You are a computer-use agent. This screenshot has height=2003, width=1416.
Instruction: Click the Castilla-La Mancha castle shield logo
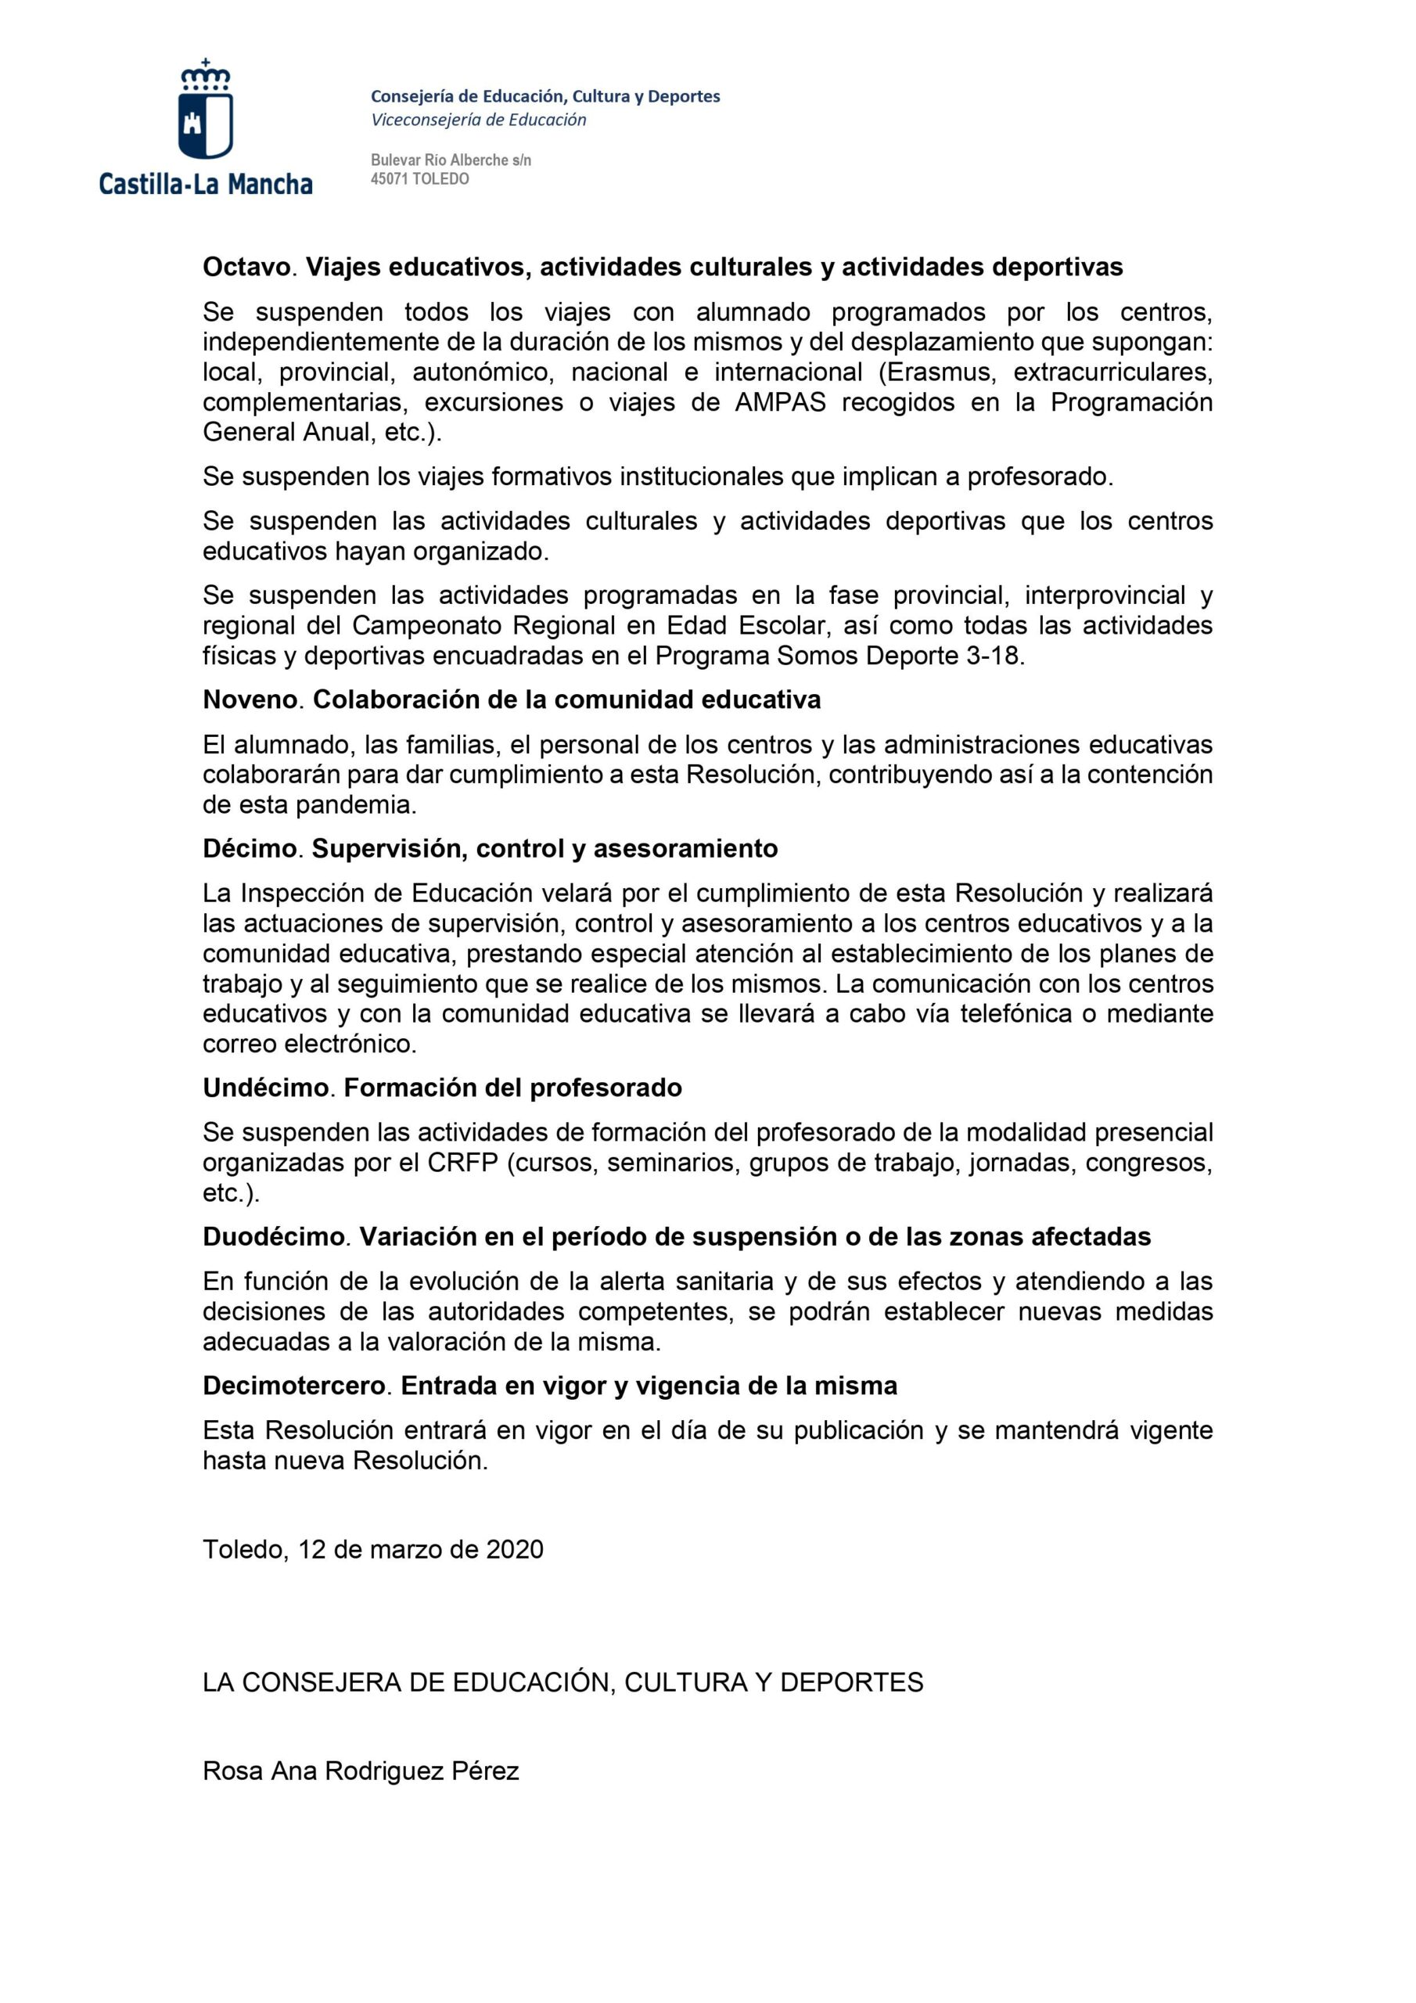206,112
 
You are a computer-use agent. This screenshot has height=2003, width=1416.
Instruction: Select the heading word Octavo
246,267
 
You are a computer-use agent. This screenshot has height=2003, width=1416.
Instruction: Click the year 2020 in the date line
515,1549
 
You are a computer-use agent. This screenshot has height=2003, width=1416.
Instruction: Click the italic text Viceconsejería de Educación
478,120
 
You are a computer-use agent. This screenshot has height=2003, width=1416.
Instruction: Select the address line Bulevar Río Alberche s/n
450,160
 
